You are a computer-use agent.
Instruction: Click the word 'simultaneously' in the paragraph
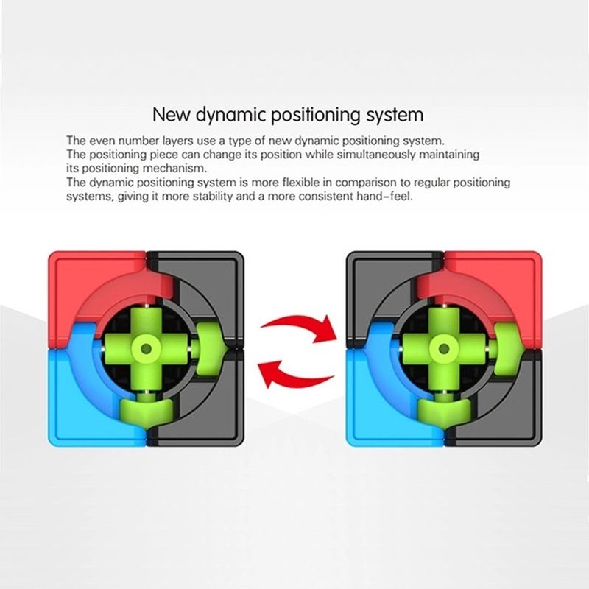click(375, 155)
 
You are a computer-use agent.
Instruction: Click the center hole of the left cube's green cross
click(146, 349)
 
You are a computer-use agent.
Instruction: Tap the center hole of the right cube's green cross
click(445, 349)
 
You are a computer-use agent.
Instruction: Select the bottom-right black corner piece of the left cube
click(211, 409)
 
